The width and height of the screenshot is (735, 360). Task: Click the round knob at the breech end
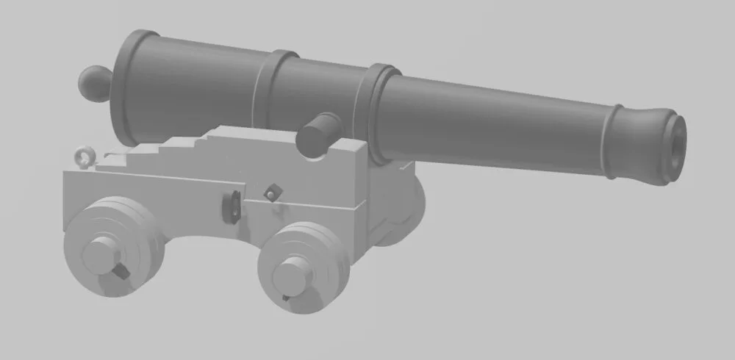(94, 82)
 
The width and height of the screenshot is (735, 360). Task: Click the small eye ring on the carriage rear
(84, 156)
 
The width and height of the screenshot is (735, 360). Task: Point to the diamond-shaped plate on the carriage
(273, 192)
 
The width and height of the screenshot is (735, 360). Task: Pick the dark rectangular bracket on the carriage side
(231, 206)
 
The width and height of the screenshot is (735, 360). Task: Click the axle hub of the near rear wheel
(101, 254)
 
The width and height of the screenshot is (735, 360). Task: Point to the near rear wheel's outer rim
(143, 220)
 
